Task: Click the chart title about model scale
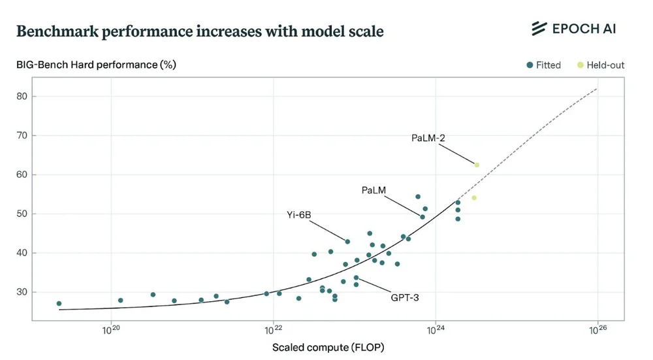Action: [x=199, y=31]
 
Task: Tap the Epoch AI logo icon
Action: [x=539, y=28]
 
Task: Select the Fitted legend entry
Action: [x=543, y=65]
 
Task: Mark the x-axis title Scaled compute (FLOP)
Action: [x=328, y=348]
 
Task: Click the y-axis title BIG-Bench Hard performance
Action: [x=96, y=65]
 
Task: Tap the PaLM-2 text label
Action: [x=428, y=138]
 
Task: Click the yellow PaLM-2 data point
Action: [x=477, y=165]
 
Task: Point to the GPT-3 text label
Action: [x=404, y=297]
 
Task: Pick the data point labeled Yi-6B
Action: [x=347, y=242]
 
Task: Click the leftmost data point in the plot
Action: [x=59, y=304]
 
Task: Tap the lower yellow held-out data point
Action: [x=474, y=198]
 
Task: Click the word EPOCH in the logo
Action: [x=574, y=29]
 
